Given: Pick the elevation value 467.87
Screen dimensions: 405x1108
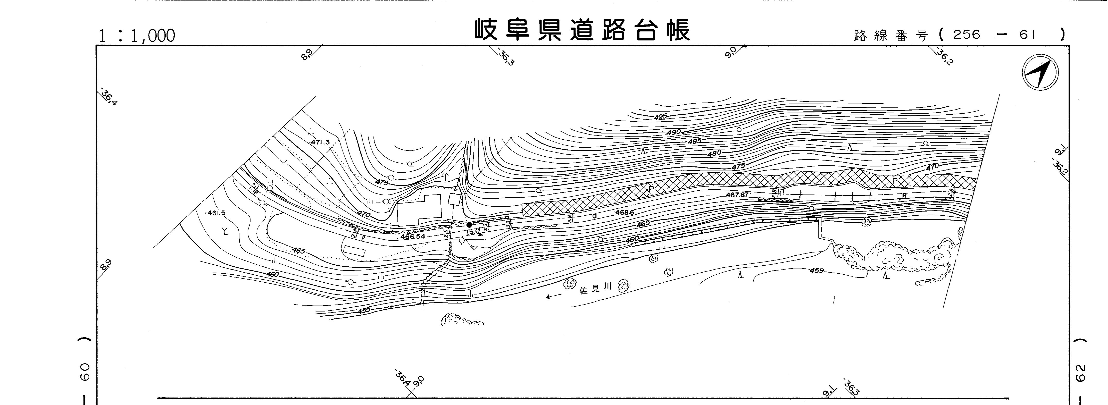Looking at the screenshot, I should tap(737, 195).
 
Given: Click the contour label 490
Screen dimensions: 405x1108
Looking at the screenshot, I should tap(673, 132).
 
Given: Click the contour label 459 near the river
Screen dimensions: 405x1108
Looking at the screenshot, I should tap(816, 271).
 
